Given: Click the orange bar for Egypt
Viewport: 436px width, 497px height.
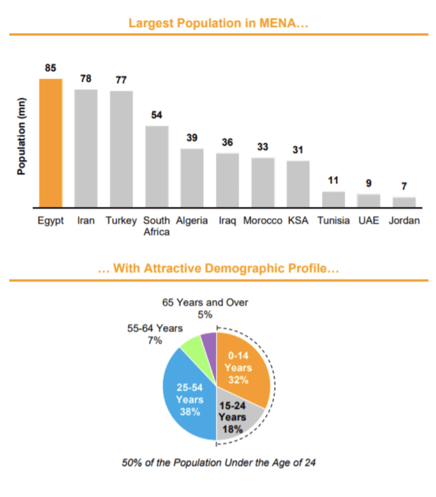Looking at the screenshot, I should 50,143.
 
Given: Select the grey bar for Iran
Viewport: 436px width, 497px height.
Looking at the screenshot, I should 85,148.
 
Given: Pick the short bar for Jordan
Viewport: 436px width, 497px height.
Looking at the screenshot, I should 404,202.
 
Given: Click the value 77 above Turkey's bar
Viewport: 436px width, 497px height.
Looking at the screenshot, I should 121,80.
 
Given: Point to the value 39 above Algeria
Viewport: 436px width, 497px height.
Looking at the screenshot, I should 192,138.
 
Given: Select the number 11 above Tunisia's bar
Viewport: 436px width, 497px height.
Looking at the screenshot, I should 333,181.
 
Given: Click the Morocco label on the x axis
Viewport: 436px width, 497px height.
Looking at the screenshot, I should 263,220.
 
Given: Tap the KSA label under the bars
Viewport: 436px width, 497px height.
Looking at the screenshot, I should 298,220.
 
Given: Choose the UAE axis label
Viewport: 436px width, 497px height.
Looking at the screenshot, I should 369,220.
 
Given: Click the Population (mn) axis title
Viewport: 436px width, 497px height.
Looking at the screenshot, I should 22,136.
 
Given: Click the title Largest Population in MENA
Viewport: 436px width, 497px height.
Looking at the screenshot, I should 219,23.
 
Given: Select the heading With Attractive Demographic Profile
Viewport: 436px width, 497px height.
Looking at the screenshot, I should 219,269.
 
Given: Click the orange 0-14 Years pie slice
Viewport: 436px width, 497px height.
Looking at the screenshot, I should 241,366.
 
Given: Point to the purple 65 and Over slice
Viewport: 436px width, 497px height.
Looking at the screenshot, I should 210,341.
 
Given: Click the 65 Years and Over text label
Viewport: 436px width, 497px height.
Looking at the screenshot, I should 205,302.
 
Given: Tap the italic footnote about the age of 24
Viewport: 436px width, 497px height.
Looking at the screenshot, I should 219,462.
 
